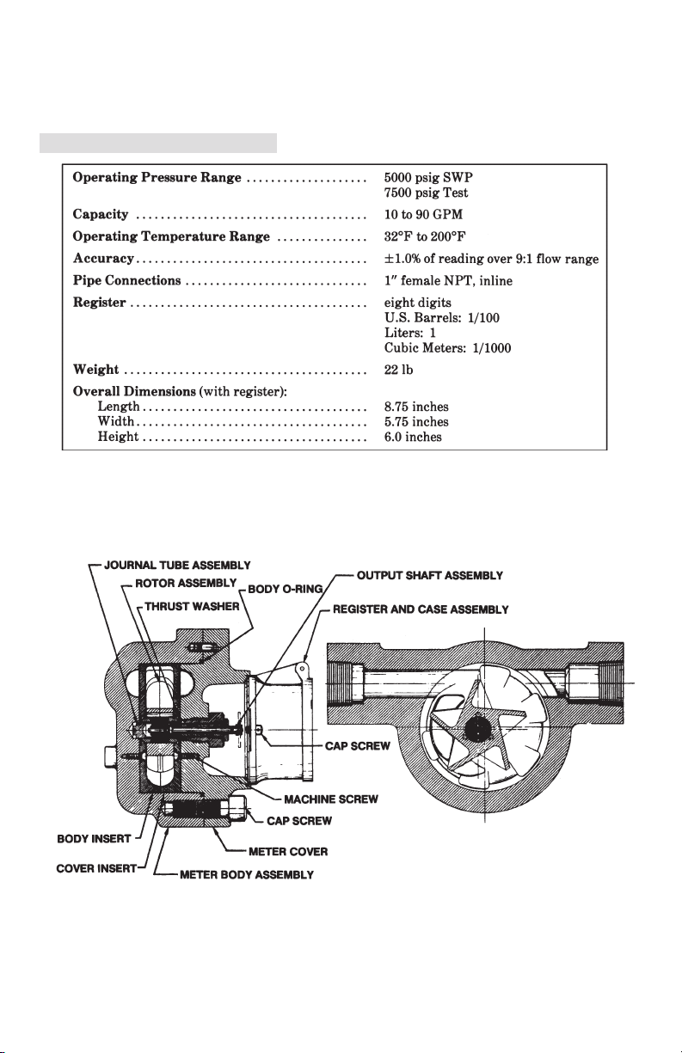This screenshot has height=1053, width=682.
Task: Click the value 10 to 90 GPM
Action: (x=423, y=214)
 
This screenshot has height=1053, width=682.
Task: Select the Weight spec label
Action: (x=95, y=370)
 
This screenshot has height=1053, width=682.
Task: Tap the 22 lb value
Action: (x=398, y=370)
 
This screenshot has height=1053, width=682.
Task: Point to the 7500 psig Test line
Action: (x=426, y=193)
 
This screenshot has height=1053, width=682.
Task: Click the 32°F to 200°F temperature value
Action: (x=425, y=236)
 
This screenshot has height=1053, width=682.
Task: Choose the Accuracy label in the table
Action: (x=103, y=259)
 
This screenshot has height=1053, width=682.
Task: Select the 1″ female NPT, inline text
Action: (x=448, y=280)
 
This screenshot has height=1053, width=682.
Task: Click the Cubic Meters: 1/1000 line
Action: (x=448, y=348)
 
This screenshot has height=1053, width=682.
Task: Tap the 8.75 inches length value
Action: (x=416, y=407)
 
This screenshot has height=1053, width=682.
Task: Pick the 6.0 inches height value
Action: (x=413, y=437)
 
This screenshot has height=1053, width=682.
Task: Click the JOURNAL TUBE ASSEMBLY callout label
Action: (x=177, y=565)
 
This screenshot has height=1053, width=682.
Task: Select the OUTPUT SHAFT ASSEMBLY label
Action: (x=430, y=575)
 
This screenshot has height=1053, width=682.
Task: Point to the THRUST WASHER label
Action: (x=192, y=606)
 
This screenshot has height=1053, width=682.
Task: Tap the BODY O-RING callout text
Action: (x=286, y=589)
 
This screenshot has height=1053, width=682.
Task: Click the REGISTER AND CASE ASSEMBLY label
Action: (x=421, y=609)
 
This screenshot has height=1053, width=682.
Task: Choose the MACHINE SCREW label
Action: (x=331, y=799)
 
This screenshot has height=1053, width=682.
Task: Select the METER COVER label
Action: (x=288, y=852)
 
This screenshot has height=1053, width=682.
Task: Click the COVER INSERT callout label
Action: (x=96, y=868)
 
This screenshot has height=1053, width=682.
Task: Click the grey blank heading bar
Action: (x=158, y=144)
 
